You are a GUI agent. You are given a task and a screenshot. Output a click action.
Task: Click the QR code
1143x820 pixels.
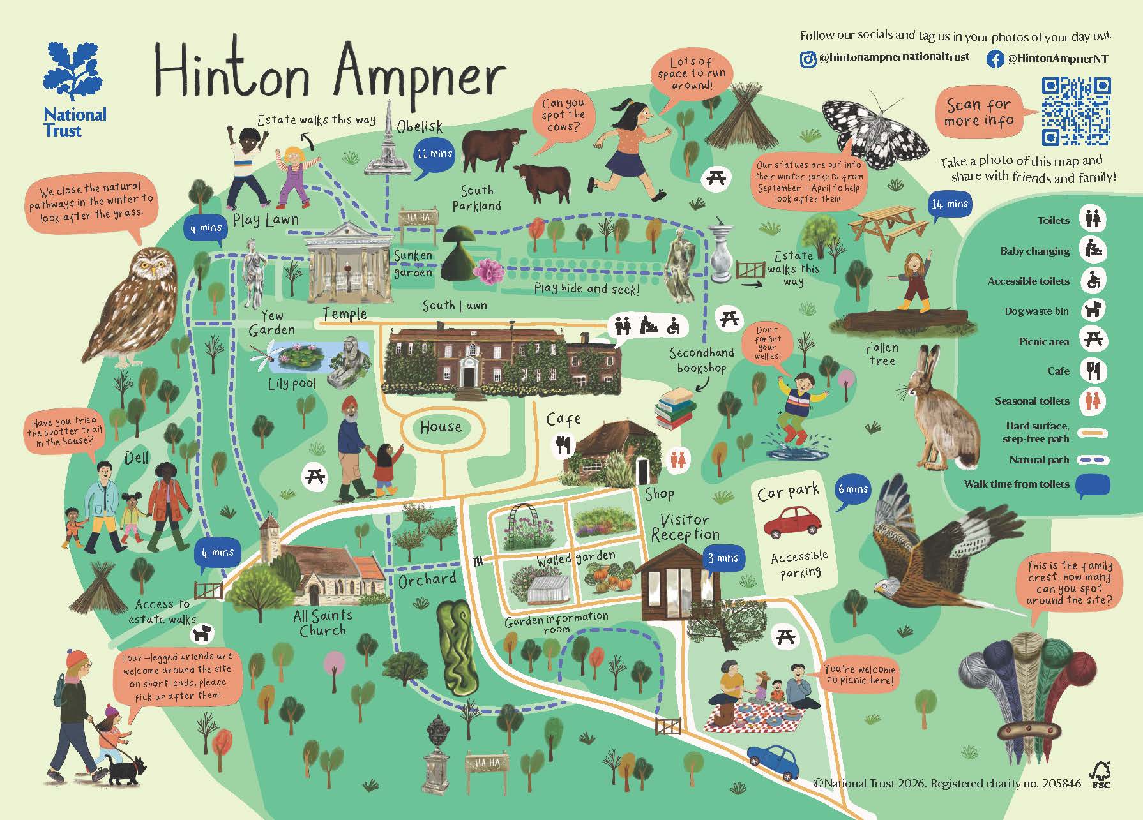click(x=1077, y=112)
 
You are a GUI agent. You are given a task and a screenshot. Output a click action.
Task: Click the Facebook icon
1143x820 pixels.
click(x=995, y=59)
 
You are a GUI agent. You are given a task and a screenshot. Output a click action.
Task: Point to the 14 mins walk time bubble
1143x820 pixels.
click(x=950, y=205)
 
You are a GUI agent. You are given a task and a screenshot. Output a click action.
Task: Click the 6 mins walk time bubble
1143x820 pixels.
click(x=853, y=490)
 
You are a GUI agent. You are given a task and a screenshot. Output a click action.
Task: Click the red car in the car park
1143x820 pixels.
click(x=792, y=521)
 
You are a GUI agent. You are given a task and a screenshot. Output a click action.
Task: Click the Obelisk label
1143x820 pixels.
click(x=419, y=126)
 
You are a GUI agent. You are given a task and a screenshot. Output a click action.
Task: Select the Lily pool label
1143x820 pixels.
click(x=292, y=384)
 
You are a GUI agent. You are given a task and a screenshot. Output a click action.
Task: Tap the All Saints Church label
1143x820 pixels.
click(x=322, y=623)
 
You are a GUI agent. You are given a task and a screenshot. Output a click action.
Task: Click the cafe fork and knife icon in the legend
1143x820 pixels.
click(x=1093, y=371)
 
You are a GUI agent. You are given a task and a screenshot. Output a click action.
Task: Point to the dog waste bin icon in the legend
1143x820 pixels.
click(x=1093, y=311)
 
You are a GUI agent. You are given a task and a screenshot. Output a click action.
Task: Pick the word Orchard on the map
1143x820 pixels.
click(x=427, y=580)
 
